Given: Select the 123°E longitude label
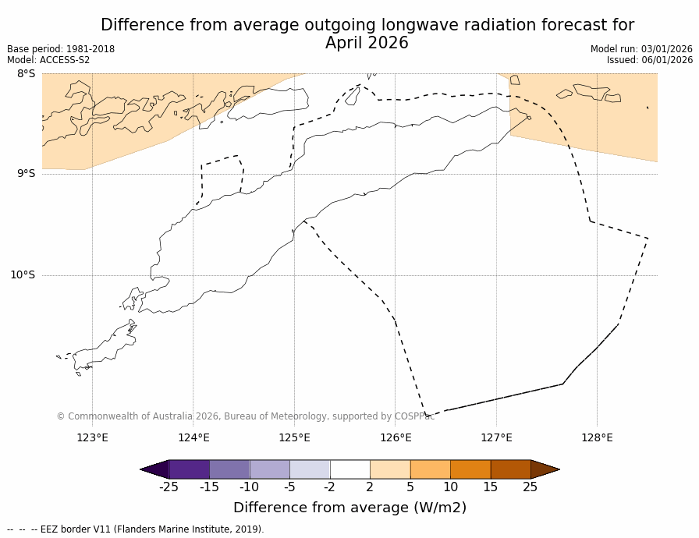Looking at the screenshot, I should pyautogui.click(x=92, y=437).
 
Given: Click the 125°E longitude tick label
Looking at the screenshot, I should pyautogui.click(x=294, y=437).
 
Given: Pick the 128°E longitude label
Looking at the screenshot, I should pyautogui.click(x=597, y=437).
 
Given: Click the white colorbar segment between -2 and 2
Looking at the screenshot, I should pyautogui.click(x=349, y=469).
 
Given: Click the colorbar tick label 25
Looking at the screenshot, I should pyautogui.click(x=530, y=487).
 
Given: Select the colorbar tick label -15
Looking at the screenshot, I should pyautogui.click(x=209, y=487).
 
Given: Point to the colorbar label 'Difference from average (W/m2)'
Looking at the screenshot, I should pyautogui.click(x=349, y=508).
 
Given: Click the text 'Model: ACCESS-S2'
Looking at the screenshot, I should pyautogui.click(x=48, y=60).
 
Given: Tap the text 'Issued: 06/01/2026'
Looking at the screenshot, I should pyautogui.click(x=650, y=60).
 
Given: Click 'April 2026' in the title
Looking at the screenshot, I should pyautogui.click(x=367, y=44).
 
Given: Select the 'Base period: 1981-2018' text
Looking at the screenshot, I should pyautogui.click(x=61, y=49).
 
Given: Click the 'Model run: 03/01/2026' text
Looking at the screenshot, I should pyautogui.click(x=641, y=49).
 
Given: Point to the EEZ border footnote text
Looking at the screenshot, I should pyautogui.click(x=136, y=529).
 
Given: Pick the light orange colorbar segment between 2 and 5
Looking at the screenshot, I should pyautogui.click(x=390, y=469).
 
